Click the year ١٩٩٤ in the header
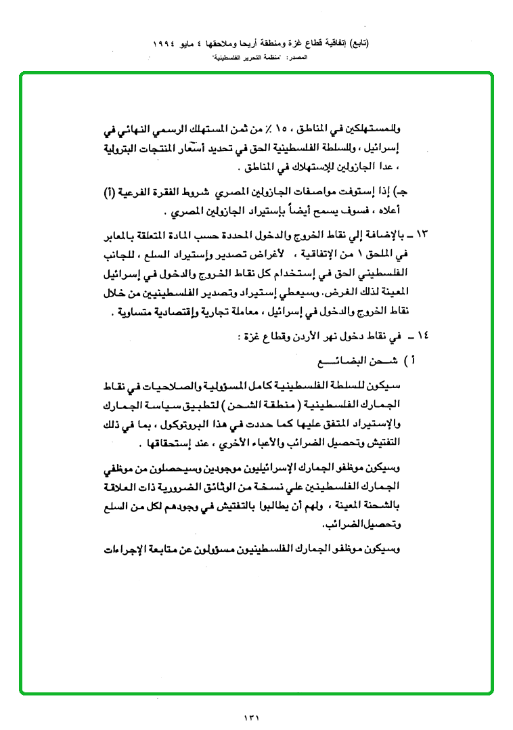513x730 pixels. pyautogui.click(x=165, y=43)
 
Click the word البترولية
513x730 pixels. pyautogui.click(x=128, y=148)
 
